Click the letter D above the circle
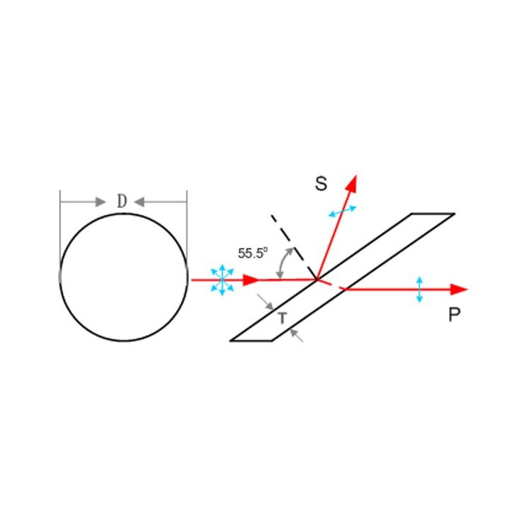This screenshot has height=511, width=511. (x=122, y=201)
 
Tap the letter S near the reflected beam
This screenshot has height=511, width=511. (x=321, y=184)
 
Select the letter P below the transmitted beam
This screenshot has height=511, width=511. (x=454, y=314)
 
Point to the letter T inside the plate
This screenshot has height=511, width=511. (x=282, y=318)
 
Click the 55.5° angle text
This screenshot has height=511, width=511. (x=253, y=253)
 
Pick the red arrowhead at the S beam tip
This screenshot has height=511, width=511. (x=352, y=183)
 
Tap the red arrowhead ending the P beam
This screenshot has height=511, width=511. (x=459, y=289)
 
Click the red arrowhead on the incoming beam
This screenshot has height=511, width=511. (x=251, y=280)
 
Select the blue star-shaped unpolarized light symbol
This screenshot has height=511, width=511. (x=222, y=280)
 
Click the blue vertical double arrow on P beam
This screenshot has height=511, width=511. (x=419, y=290)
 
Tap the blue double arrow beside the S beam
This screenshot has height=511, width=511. (x=342, y=211)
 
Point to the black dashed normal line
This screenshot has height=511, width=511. (x=294, y=247)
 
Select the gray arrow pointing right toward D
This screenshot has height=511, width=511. (x=83, y=202)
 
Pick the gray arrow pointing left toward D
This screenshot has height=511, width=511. (x=160, y=202)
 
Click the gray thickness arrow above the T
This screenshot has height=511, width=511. (x=265, y=302)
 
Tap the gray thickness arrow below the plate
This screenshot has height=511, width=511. (x=296, y=335)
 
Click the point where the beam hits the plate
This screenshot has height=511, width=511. (x=317, y=280)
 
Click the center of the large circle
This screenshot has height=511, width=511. (x=123, y=278)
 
